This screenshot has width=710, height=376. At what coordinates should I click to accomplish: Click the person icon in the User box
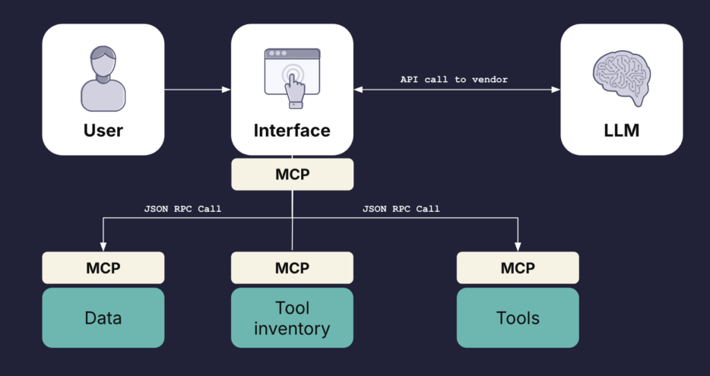pos(103,78)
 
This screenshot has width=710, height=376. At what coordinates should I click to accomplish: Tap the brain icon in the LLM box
pos(622,77)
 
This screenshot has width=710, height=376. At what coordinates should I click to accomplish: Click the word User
pos(103,131)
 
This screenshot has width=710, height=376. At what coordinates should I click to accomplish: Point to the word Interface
pos(292,131)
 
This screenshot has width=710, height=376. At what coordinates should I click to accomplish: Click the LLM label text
pos(622,131)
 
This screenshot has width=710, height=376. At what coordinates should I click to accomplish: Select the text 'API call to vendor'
pos(454,80)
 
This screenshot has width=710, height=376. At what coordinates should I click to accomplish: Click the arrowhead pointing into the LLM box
pos(556,90)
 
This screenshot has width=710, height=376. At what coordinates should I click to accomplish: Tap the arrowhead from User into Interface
pos(227,90)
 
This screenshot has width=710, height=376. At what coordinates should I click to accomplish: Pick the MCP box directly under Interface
pos(293,174)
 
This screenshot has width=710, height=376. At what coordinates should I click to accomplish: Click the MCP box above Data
pos(103,268)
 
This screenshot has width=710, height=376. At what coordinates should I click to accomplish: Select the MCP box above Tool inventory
pos(293,268)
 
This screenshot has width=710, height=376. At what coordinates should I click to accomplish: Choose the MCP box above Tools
pos(518,268)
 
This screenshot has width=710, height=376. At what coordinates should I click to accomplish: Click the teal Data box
pos(103,318)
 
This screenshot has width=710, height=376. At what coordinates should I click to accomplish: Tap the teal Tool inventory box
pos(293,318)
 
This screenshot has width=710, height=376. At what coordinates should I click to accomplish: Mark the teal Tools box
pos(518,318)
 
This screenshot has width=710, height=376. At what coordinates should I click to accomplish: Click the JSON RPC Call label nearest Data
pos(183,209)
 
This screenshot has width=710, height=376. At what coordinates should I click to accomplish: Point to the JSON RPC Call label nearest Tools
pos(401,209)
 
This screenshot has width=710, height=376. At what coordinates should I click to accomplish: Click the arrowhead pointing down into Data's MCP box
pos(103,247)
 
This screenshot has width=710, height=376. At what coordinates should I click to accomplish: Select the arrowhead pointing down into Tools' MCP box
pos(518,247)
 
